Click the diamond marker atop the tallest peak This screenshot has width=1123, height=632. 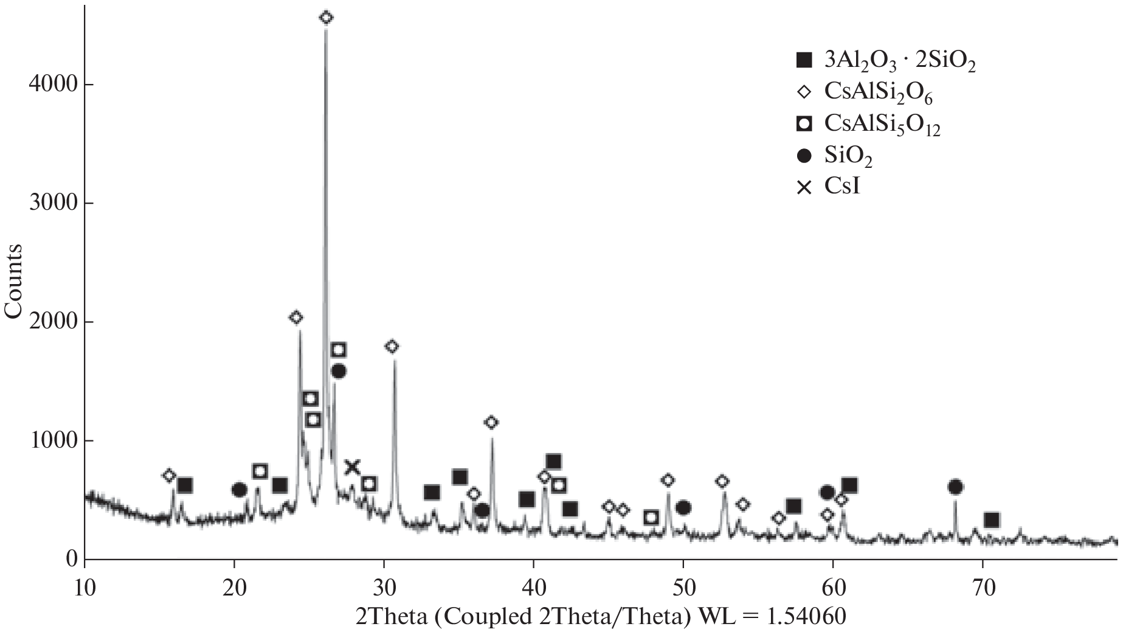326,18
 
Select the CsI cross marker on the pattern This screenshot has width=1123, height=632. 353,467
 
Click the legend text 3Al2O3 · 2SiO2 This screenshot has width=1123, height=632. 900,61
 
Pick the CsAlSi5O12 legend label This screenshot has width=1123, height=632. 882,125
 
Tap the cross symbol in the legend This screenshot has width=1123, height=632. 804,187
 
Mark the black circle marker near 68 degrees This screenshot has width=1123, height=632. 955,487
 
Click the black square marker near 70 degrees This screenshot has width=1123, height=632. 992,520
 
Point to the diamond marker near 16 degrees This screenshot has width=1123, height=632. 169,475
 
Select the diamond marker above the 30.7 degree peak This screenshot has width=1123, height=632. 392,347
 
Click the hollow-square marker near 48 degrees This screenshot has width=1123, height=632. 651,518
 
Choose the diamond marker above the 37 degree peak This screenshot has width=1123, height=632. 491,422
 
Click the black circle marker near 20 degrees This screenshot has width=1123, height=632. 239,490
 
